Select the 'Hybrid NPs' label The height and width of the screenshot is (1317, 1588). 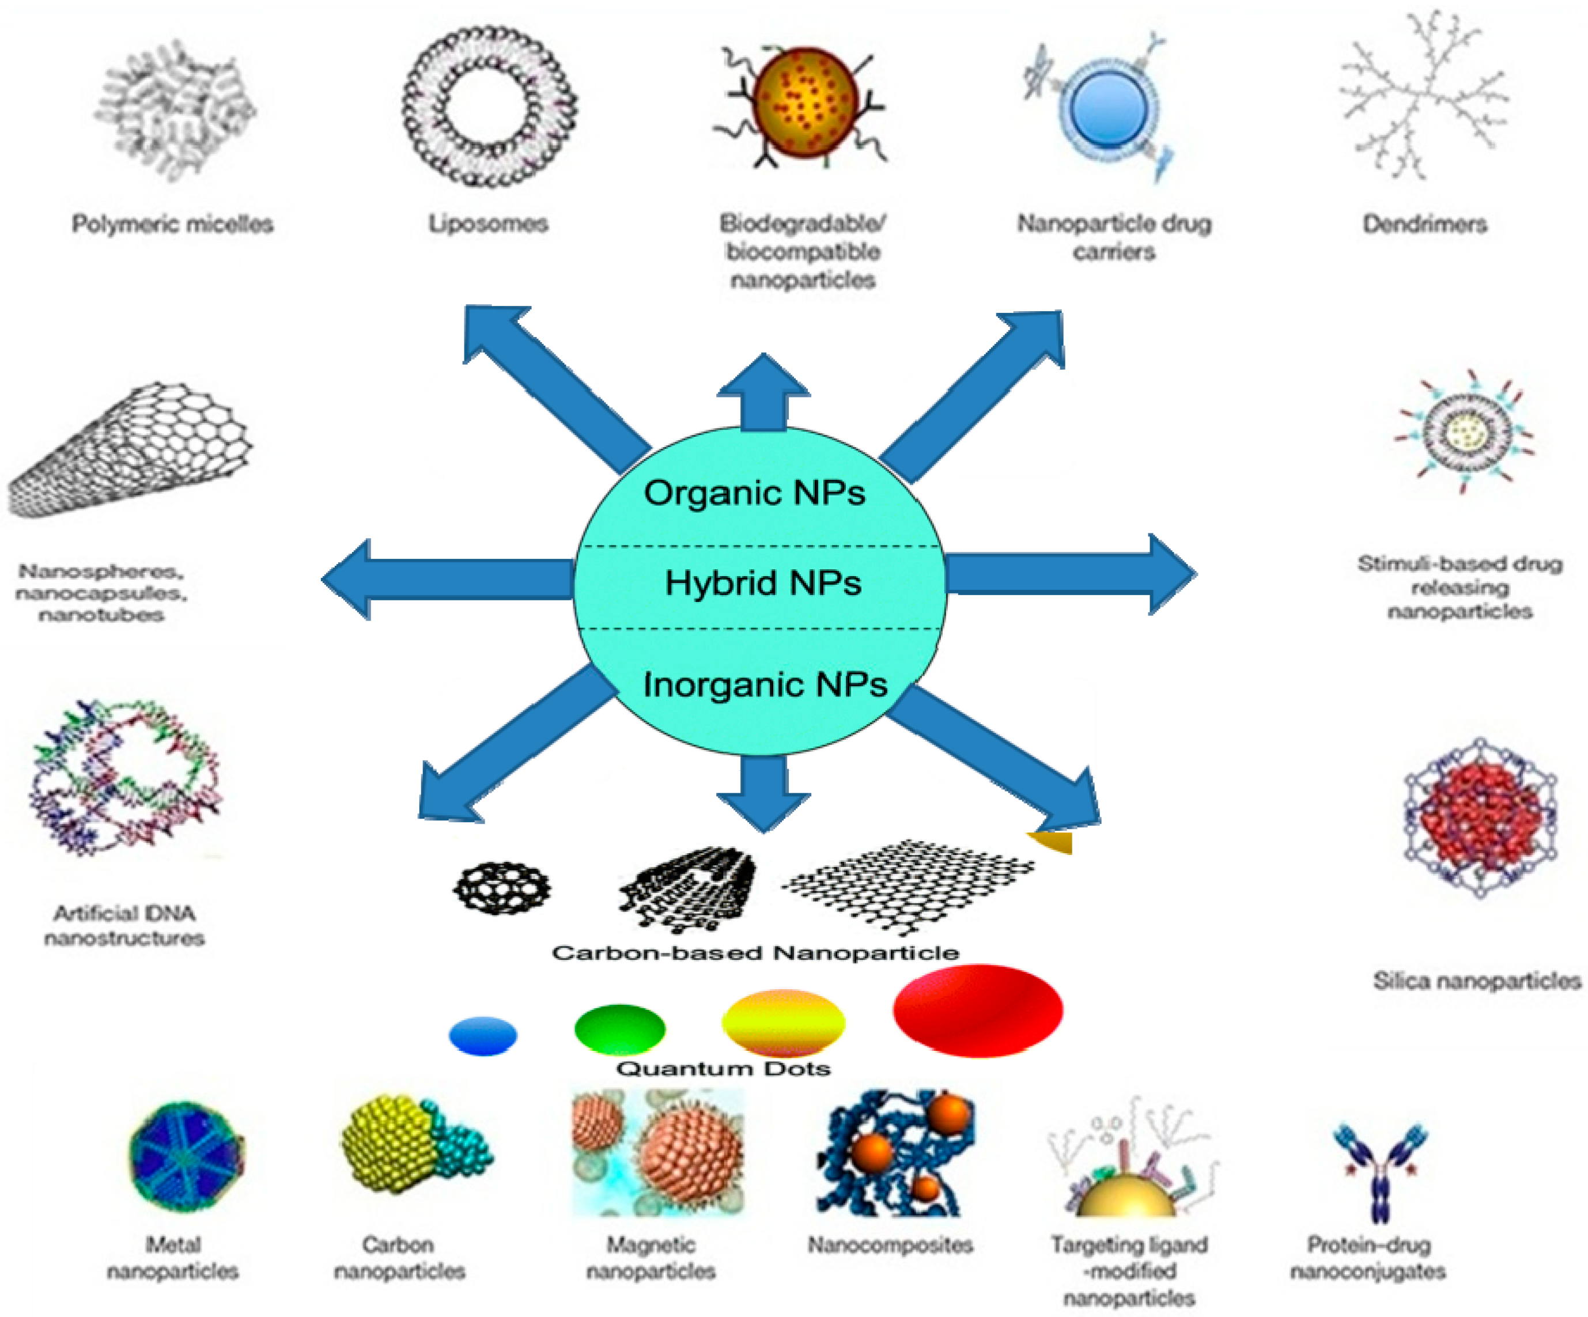point(763,583)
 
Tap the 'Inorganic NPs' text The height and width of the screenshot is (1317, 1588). point(765,684)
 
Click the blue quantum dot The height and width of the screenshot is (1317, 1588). point(482,1036)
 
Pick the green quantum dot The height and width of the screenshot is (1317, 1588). point(619,1029)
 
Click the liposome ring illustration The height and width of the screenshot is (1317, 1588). point(489,107)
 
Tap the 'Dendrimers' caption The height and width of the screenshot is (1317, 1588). point(1425,224)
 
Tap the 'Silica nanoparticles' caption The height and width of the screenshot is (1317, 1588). point(1477,981)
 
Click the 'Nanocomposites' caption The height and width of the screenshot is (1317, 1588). point(890,1245)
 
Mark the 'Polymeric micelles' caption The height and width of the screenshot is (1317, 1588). point(172,224)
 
